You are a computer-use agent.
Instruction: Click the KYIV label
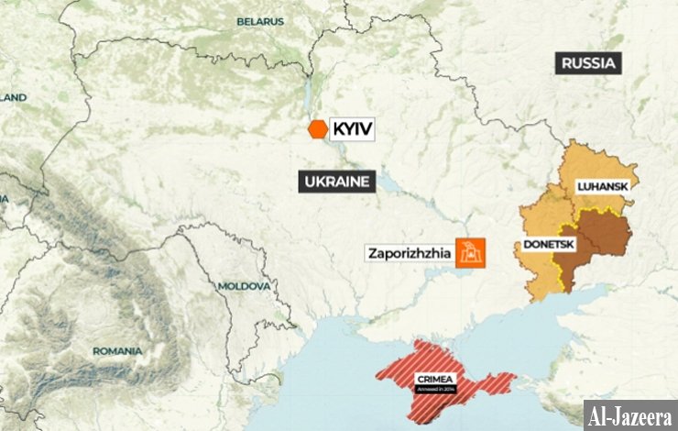pos(352,129)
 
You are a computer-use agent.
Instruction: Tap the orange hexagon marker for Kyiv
pos(317,129)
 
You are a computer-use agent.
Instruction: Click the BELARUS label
pos(260,20)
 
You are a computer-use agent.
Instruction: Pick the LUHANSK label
pos(602,186)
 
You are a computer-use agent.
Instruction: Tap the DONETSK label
pos(549,245)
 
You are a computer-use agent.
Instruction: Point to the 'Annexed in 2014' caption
pos(435,389)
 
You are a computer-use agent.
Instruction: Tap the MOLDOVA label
pos(244,286)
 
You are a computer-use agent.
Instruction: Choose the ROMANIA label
pos(117,350)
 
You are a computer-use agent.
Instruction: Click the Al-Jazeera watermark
pos(630,414)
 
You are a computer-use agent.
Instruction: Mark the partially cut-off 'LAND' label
pos(13,96)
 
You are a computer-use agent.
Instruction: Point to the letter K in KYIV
pos(337,129)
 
